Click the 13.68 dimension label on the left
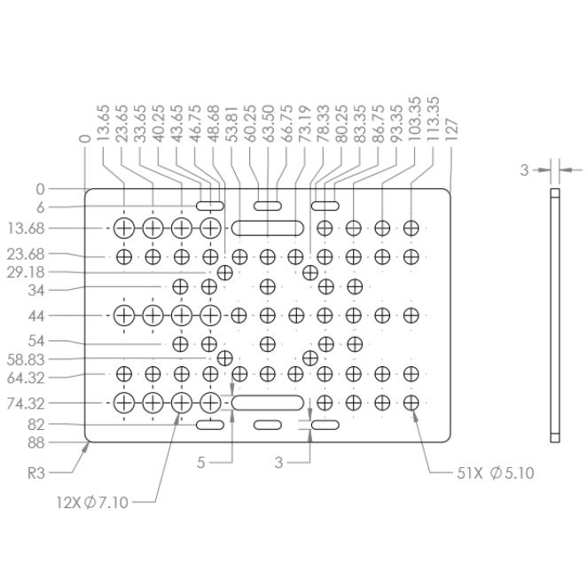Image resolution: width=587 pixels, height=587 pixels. click(x=26, y=229)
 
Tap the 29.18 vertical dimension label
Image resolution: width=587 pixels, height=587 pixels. click(x=26, y=272)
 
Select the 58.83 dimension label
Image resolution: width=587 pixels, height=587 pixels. click(x=26, y=360)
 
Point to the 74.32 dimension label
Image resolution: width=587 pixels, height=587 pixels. click(x=26, y=403)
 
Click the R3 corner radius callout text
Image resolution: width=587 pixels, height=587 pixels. click(x=36, y=474)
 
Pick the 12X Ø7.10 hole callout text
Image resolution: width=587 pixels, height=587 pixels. click(x=92, y=503)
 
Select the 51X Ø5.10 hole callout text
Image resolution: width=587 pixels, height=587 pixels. click(x=496, y=474)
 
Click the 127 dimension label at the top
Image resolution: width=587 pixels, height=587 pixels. click(x=452, y=130)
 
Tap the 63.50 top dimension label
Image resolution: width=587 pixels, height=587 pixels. click(x=268, y=123)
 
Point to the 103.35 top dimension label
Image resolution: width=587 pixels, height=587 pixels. click(x=415, y=120)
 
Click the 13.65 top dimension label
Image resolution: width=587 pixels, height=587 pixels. click(x=103, y=123)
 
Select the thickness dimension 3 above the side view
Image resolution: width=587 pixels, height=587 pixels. click(x=524, y=170)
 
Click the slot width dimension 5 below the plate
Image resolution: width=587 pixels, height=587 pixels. click(x=201, y=463)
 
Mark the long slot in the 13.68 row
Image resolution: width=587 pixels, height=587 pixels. click(x=267, y=228)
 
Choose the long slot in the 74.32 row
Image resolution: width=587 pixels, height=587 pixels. click(x=267, y=403)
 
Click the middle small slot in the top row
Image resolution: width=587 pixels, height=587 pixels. click(x=267, y=206)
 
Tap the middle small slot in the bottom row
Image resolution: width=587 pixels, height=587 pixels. click(x=267, y=425)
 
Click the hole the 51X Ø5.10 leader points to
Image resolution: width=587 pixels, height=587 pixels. click(x=411, y=403)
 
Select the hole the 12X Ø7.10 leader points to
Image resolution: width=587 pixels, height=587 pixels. click(x=182, y=403)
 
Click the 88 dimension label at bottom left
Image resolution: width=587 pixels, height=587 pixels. click(x=36, y=442)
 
